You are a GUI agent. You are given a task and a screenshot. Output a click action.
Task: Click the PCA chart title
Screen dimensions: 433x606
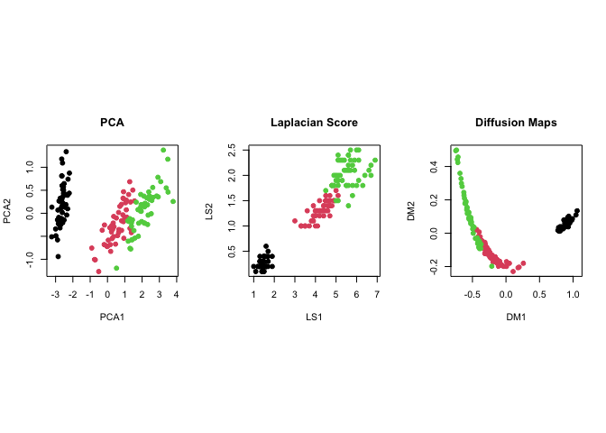[113, 122]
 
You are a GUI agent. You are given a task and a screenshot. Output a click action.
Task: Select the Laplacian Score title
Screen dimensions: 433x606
[314, 122]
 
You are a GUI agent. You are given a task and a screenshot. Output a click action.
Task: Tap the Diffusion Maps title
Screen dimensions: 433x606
[516, 122]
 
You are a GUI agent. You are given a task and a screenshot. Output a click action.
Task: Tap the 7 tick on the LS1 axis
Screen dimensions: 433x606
[376, 294]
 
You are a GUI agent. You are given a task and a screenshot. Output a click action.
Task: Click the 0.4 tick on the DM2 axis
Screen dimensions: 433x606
[434, 167]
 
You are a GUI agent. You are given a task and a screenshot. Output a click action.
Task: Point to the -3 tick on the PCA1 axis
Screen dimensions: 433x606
[56, 294]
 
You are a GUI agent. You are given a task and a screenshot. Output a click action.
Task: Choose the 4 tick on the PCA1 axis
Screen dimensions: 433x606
[176, 294]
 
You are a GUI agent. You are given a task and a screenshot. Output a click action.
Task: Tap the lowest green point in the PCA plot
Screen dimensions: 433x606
[116, 268]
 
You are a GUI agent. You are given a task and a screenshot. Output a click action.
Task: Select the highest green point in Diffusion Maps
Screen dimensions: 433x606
[456, 151]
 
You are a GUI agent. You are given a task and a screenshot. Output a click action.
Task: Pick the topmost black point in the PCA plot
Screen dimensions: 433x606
[66, 152]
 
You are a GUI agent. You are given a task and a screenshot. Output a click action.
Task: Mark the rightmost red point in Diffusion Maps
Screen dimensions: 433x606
[523, 263]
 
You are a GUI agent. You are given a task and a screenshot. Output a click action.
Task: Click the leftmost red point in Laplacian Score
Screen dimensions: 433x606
[295, 221]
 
